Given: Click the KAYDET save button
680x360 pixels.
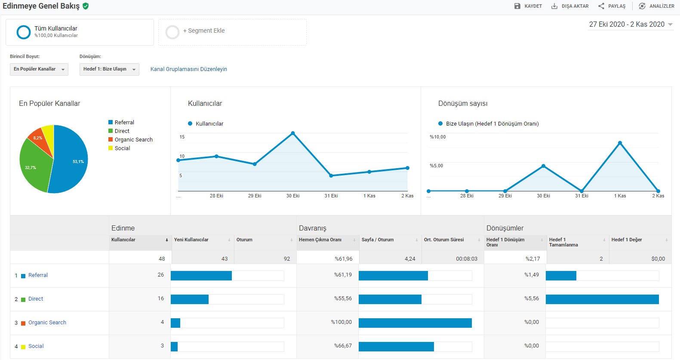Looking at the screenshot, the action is coord(528,6).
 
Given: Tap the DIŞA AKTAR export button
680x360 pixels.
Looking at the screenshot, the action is coord(570,6).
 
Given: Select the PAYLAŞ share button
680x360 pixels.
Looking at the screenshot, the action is coord(612,6).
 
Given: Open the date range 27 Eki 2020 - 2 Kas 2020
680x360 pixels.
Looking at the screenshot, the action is coord(631,24).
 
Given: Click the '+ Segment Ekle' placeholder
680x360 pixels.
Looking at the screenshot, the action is coord(232,32).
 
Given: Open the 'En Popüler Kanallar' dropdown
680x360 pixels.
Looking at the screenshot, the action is coord(39,69).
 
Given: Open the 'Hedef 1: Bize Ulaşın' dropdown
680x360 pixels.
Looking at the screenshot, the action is coord(109,69).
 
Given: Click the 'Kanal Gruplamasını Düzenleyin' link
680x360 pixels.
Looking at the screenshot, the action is coord(188,69).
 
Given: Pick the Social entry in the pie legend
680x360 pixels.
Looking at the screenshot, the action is coord(119,148).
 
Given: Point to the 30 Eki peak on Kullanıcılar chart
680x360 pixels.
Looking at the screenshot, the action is coord(292,133).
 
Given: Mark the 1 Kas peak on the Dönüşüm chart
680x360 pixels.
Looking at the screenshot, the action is coord(620,143).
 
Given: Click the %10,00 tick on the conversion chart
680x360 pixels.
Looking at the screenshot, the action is coord(438,137).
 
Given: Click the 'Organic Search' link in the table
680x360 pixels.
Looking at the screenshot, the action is coord(47,322).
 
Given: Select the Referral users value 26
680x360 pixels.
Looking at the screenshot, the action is coord(160,275).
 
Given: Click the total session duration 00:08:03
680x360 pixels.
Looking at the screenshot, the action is coord(467,258).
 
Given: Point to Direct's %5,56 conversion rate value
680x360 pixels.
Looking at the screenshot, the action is coord(532,298).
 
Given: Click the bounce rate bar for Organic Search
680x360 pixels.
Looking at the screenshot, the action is coord(415,323).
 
